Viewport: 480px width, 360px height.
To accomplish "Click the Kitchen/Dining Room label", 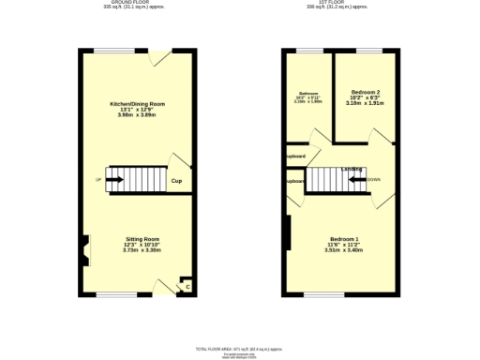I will (x=137, y=103).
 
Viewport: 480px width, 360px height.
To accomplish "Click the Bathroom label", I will (x=308, y=93).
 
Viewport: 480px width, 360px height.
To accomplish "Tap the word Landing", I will (x=352, y=169).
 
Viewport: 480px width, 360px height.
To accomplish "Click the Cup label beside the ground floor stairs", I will (x=175, y=181).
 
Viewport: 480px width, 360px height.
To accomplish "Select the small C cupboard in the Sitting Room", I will (x=187, y=286).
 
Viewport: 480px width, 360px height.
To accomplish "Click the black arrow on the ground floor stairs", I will (x=114, y=179).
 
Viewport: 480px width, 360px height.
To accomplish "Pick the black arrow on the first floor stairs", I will (x=356, y=179).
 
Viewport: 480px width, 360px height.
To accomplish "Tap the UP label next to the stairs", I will (x=97, y=179).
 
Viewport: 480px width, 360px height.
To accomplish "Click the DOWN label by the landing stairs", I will (x=373, y=179).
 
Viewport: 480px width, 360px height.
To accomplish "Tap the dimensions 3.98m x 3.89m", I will (x=137, y=114).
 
